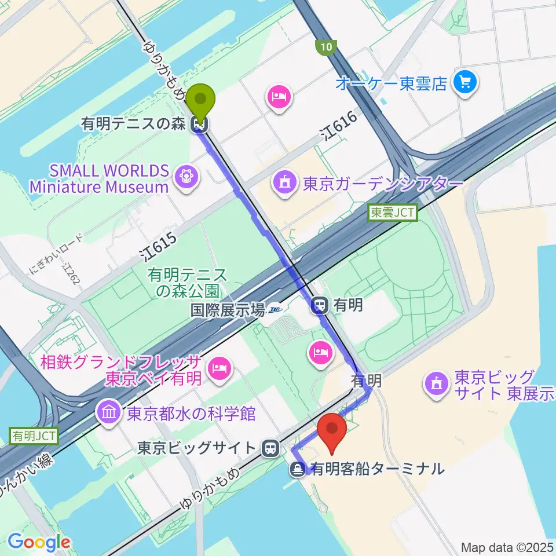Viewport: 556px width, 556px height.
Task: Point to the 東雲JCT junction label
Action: [x=393, y=213]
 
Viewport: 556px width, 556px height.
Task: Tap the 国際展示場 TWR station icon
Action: [x=275, y=310]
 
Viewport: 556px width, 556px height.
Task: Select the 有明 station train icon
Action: [x=319, y=305]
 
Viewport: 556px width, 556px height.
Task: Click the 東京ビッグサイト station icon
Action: [x=269, y=448]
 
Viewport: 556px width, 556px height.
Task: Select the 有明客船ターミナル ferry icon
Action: [x=298, y=469]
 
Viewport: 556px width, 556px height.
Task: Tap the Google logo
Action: [x=39, y=542]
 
